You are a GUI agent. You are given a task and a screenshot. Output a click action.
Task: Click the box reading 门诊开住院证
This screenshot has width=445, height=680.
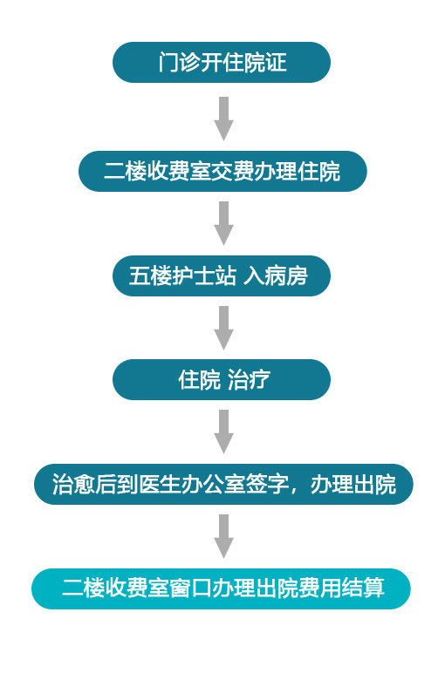pos(222,63)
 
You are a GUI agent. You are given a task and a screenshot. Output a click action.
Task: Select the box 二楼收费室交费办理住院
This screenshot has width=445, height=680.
pos(222,171)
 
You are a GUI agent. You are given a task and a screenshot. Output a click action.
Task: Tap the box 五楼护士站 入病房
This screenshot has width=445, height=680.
pos(222,275)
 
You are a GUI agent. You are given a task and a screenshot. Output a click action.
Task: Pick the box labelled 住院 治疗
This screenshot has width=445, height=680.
pos(222,380)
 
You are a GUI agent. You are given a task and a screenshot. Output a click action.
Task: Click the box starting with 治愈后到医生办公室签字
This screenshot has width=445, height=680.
pos(223,485)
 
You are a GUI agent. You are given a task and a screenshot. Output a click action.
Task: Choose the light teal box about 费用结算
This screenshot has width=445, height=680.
pos(221,589)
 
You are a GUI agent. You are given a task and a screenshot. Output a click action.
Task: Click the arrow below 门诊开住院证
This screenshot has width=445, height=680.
pos(223,119)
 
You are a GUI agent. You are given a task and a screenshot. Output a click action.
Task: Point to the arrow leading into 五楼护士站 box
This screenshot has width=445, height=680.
pos(223,223)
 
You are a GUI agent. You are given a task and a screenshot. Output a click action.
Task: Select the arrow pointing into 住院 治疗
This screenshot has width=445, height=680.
pos(223,328)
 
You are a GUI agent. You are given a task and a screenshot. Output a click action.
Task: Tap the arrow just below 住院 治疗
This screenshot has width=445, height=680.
pos(223,432)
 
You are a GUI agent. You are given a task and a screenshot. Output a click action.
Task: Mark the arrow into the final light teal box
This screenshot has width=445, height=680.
pos(223,536)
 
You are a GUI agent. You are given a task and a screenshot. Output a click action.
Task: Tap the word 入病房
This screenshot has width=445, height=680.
pos(276,275)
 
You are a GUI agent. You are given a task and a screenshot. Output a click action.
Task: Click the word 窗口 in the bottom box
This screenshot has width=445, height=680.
pos(191,589)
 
